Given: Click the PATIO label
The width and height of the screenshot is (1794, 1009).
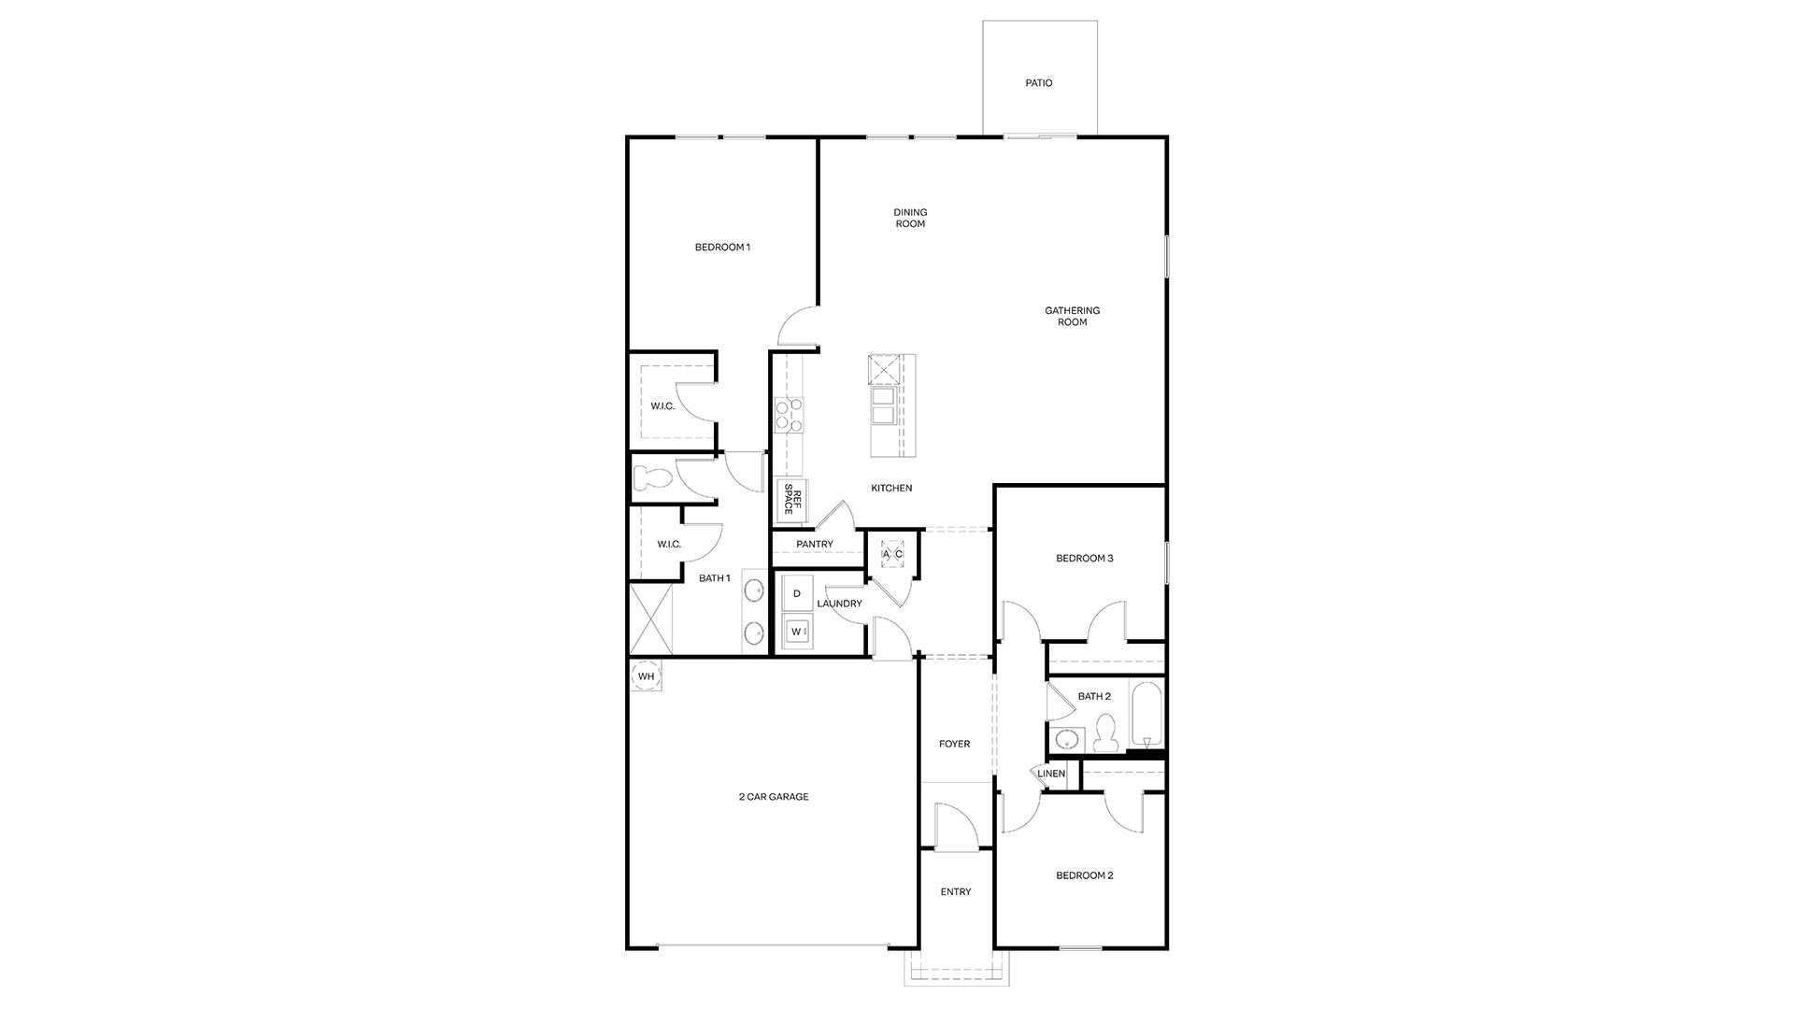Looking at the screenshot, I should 1038,83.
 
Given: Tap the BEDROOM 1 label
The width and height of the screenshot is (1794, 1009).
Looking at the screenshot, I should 722,248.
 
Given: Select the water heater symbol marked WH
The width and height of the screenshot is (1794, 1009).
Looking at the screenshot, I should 646,675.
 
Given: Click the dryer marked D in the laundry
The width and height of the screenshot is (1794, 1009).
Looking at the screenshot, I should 797,593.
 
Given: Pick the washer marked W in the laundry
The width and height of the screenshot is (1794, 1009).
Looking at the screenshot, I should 797,632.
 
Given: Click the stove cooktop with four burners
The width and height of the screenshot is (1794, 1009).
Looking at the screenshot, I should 789,416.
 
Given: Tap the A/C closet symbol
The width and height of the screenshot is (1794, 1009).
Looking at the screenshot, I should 892,554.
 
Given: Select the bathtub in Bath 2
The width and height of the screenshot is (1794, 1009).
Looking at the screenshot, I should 1146,715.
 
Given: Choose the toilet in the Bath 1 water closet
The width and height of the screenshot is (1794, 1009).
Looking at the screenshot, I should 652,478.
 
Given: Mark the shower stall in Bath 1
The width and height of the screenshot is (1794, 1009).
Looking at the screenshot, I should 651,618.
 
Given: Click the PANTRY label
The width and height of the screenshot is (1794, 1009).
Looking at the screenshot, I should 815,545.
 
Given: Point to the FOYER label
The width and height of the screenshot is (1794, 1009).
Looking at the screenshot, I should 954,745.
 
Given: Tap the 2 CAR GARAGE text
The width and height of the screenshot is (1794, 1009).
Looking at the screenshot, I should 774,797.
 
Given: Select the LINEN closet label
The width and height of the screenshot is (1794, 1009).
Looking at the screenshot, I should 1051,774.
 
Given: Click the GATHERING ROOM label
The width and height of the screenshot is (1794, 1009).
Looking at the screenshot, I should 1072,316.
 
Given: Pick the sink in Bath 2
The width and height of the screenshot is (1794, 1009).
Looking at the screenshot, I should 1064,740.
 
